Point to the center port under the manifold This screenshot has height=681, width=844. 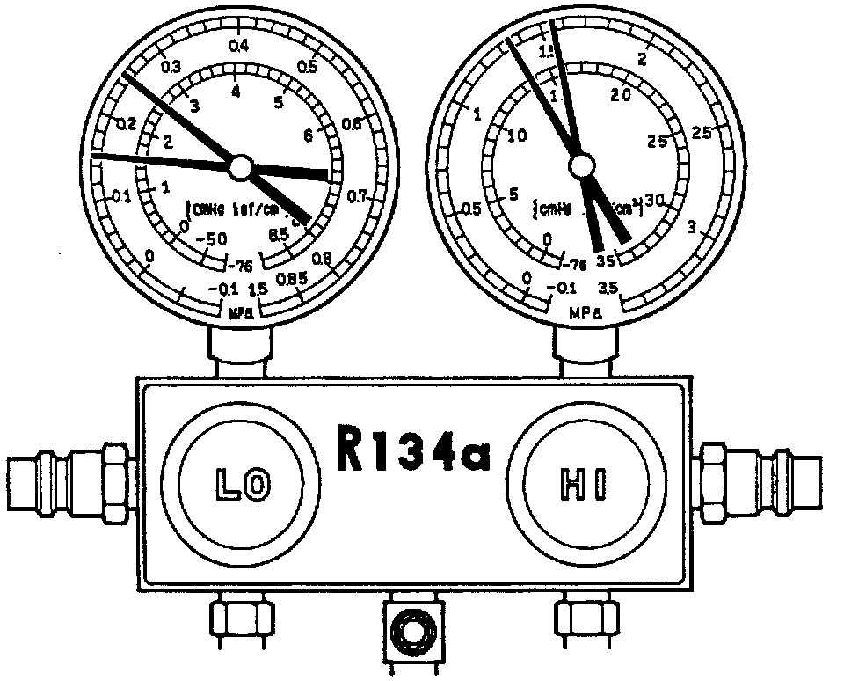[410, 630]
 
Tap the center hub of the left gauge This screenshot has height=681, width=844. [240, 166]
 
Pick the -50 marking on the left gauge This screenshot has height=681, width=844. [213, 239]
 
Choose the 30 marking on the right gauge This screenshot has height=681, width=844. [655, 199]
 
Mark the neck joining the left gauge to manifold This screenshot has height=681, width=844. [240, 352]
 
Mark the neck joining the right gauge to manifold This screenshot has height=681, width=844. [581, 352]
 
